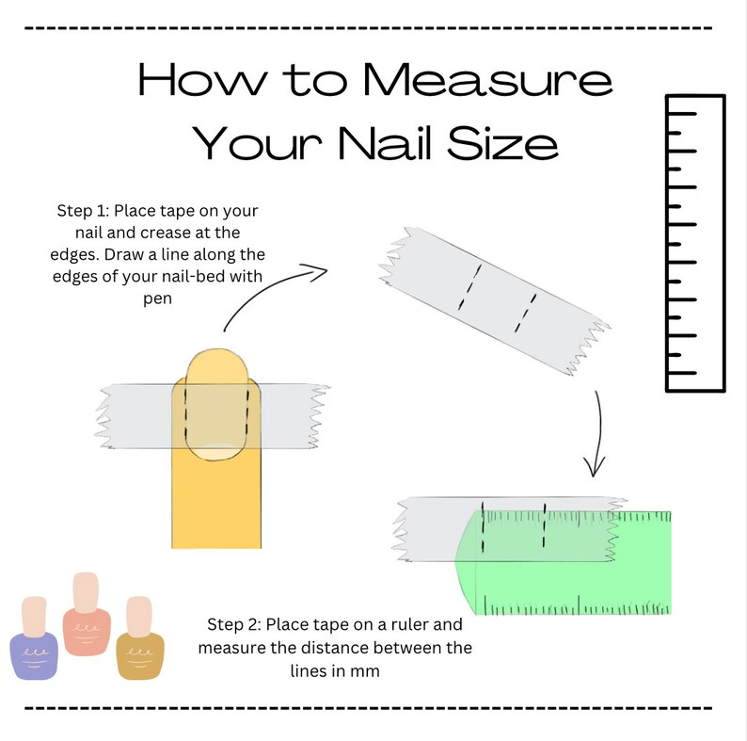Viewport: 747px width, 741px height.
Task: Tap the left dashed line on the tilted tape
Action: click(468, 286)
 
